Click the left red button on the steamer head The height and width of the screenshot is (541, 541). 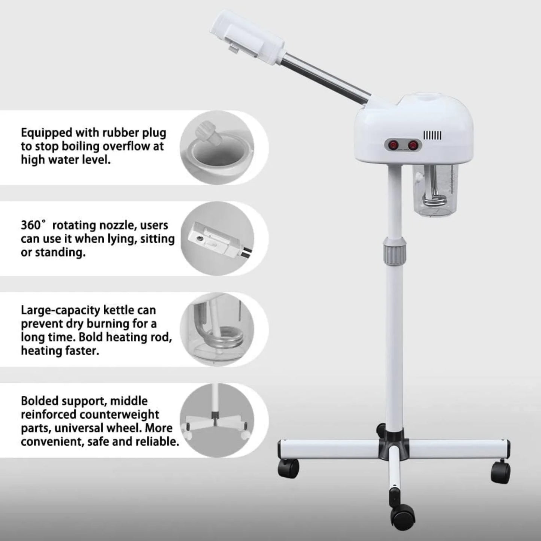point(393,144)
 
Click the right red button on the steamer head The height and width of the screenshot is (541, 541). point(413,144)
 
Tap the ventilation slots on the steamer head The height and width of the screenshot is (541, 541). point(432,135)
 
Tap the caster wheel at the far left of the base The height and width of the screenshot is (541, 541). point(288,468)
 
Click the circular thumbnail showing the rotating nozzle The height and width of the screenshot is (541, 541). point(217,239)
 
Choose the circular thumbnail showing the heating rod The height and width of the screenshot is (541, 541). point(217,330)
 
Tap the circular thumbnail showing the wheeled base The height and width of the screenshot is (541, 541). point(217,420)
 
